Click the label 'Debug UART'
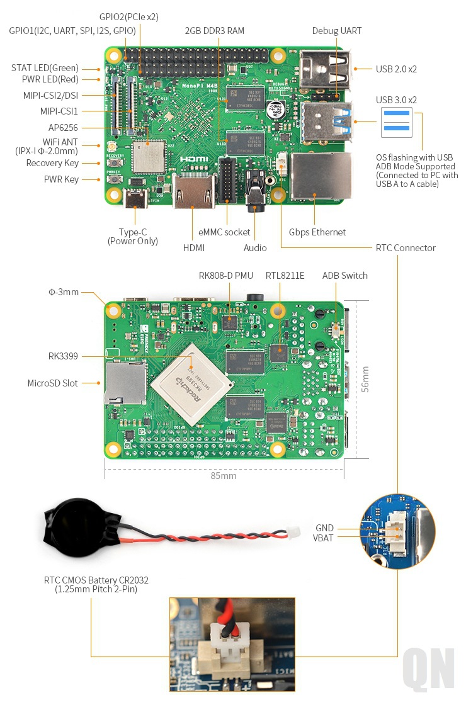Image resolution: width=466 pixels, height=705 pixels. (337, 31)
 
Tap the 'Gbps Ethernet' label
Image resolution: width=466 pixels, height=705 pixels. (317, 232)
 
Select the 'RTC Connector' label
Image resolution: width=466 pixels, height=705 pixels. (406, 248)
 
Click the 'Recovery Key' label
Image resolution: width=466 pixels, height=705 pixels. (52, 163)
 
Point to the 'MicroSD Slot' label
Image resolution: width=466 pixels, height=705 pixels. (52, 383)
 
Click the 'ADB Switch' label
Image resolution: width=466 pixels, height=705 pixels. (344, 276)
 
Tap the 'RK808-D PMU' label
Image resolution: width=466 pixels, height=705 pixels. (226, 276)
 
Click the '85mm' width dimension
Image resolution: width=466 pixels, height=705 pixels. (224, 476)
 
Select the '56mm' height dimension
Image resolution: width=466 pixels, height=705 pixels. (365, 379)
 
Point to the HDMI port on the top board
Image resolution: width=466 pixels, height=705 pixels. (193, 191)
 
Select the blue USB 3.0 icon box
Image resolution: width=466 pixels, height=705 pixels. (397, 122)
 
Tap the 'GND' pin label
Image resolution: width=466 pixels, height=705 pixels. (324, 528)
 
